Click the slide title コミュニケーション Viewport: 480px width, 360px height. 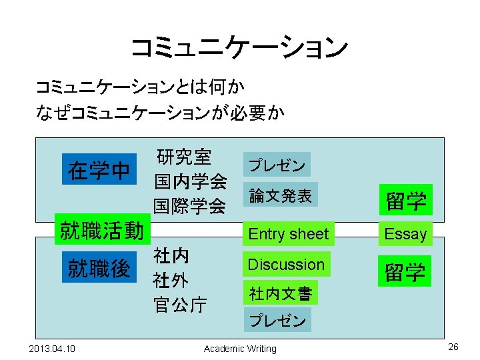(x=239, y=47)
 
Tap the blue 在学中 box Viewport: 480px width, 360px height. (x=99, y=171)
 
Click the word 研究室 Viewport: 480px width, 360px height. (x=184, y=157)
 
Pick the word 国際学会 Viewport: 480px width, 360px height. (x=190, y=205)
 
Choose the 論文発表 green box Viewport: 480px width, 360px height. (x=280, y=195)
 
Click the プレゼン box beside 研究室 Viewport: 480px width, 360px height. (x=277, y=165)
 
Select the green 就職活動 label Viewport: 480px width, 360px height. (x=101, y=231)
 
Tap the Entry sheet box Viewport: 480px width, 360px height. (x=288, y=234)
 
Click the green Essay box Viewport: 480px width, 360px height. (x=405, y=233)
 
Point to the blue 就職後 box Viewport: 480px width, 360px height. (x=99, y=269)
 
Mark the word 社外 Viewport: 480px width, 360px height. (x=171, y=279)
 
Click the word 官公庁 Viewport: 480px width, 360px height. (x=180, y=305)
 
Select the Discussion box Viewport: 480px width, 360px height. (x=286, y=265)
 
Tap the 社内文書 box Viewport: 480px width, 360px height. (x=280, y=293)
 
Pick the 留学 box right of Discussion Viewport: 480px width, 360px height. (x=406, y=271)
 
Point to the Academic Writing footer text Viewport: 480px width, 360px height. (x=240, y=349)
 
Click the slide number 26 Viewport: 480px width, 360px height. (x=454, y=347)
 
